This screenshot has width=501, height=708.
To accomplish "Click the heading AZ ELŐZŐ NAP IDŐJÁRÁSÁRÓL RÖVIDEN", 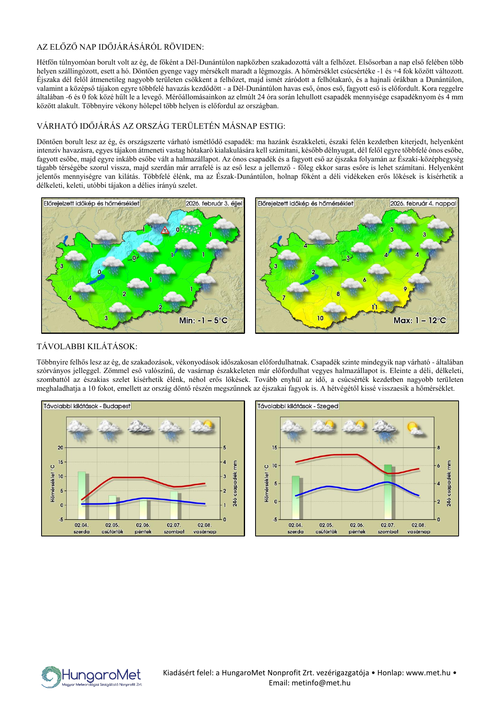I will (120, 47).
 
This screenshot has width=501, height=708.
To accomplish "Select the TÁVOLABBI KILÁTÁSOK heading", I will (87, 346).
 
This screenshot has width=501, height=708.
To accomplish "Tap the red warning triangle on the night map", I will (165, 230).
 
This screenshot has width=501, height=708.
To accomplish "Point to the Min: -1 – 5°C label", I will (203, 320).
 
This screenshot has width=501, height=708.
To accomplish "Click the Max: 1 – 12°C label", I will (419, 320).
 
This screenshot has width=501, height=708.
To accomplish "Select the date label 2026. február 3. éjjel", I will (214, 203).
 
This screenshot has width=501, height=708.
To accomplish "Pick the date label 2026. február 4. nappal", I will (423, 203).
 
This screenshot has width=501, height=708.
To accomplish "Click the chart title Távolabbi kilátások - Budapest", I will (87, 406).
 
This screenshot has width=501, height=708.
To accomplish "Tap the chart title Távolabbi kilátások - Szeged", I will (298, 406).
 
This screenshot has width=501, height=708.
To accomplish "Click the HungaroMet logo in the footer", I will (92, 677).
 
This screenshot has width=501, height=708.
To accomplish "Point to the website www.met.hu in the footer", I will (428, 673).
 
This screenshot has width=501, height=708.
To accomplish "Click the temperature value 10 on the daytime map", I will (320, 318).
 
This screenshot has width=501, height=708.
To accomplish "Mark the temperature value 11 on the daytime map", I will (375, 308).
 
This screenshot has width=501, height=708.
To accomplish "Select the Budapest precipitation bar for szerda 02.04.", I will (82, 495).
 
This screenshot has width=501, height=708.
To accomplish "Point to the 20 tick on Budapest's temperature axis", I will (61, 448).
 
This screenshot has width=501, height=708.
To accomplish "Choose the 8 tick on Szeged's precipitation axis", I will (438, 448).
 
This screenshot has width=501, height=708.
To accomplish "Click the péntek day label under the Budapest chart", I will (143, 532).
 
